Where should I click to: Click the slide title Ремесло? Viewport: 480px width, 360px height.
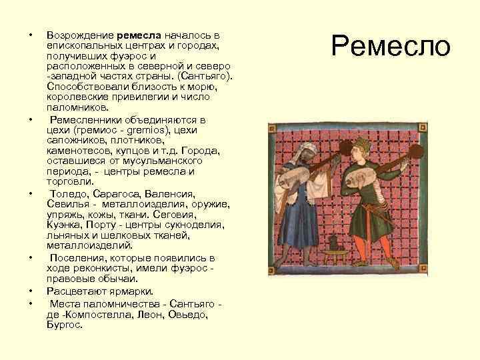point(391,46)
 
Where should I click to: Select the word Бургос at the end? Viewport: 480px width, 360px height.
point(64,324)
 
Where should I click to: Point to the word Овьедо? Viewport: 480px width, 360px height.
point(187,314)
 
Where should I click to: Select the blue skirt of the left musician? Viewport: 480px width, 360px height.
point(297,227)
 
